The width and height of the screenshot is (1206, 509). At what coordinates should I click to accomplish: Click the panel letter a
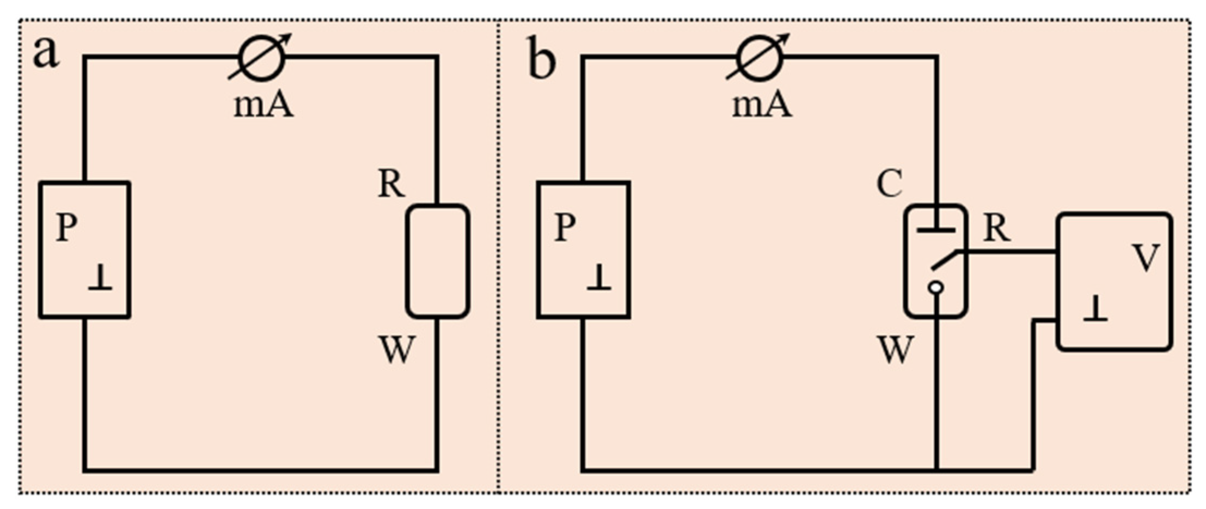click(46, 54)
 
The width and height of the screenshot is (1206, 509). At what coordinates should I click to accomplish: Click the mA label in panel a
click(264, 105)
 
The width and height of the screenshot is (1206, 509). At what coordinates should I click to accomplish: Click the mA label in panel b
click(761, 105)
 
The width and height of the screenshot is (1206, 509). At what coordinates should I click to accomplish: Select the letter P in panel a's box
click(67, 227)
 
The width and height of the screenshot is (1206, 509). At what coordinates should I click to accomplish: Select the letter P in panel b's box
click(565, 227)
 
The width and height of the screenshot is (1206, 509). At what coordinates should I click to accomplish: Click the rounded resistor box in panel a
click(438, 261)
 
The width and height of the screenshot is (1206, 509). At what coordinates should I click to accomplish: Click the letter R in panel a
click(391, 185)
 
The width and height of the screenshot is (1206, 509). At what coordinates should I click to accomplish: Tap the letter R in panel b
click(997, 229)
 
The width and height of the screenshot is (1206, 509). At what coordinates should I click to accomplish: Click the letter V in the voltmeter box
click(1145, 258)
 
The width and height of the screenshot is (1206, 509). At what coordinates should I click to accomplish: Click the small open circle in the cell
click(936, 288)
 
